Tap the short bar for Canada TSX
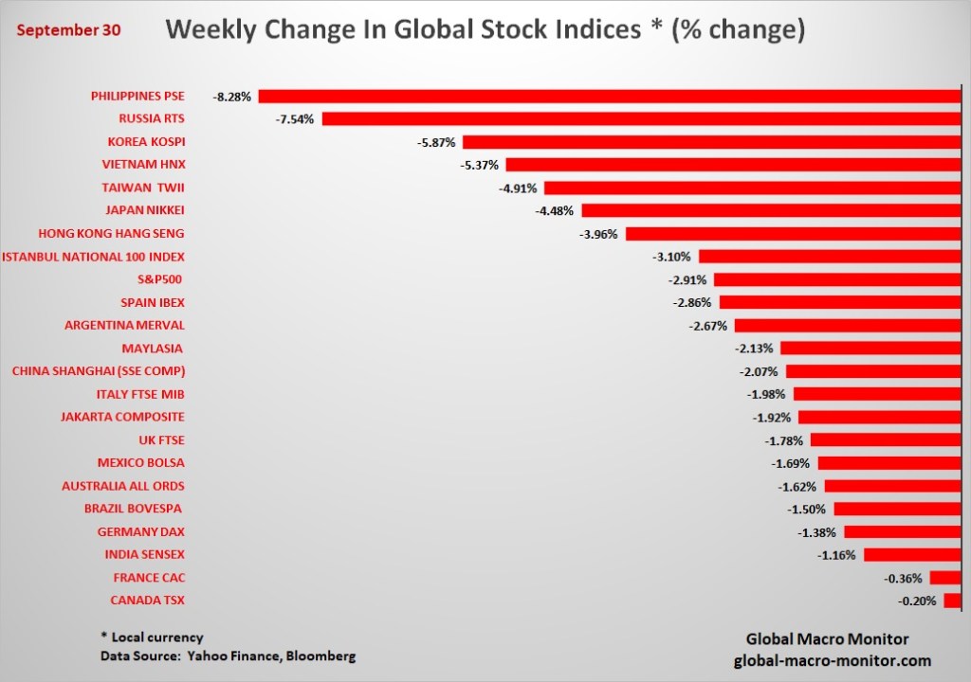pyautogui.click(x=952, y=601)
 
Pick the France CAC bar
pyautogui.click(x=945, y=578)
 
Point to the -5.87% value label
pyautogui.click(x=436, y=142)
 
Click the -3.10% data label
pyautogui.click(x=672, y=257)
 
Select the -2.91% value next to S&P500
pyautogui.click(x=687, y=279)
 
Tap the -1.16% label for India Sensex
pyautogui.click(x=837, y=554)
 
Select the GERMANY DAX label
pyautogui.click(x=142, y=531)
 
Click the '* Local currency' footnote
pyautogui.click(x=151, y=637)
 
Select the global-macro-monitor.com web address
pyautogui.click(x=833, y=660)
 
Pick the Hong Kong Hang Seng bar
pyautogui.click(x=793, y=233)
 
